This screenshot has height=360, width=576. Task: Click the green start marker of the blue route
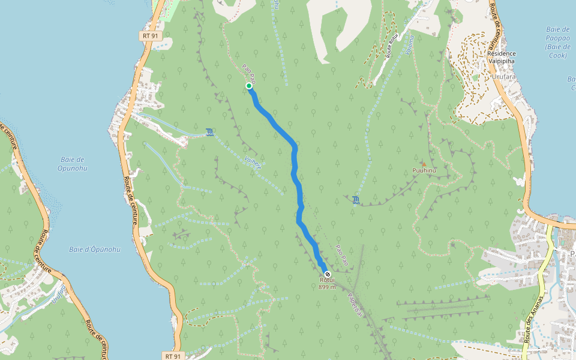coord(249,86)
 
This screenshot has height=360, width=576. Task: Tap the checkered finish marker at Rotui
coord(327,274)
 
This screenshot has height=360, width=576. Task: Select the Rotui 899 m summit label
coord(327,283)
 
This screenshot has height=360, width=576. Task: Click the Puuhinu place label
coord(424,171)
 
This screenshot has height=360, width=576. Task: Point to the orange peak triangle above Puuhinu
coord(424,164)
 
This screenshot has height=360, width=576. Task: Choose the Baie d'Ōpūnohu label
coord(94,249)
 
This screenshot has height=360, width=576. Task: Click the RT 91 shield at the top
coord(151,36)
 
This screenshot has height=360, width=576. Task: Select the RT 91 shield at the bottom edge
coord(172,355)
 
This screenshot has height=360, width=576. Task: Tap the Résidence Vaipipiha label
coord(501,57)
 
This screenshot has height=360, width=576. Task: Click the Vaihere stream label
coord(253,163)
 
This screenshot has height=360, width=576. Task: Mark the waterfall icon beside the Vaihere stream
coord(209,132)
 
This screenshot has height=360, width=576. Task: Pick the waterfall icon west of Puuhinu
coord(356,200)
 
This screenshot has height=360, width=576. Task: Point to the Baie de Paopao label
coord(558,42)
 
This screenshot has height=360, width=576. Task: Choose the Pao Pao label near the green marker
coord(250,74)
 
